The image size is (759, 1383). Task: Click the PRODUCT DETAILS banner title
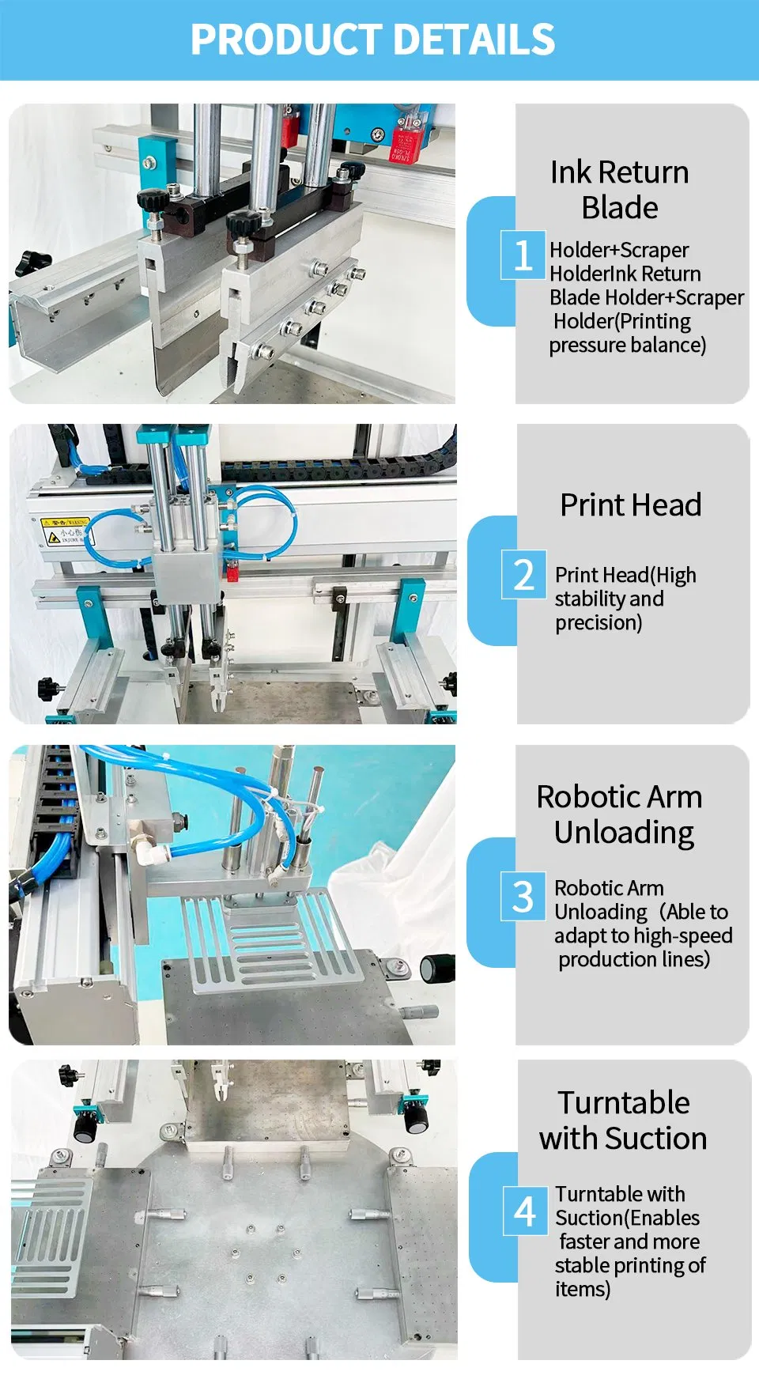(372, 40)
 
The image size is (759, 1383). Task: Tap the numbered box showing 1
(523, 255)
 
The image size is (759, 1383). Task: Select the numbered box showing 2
(523, 574)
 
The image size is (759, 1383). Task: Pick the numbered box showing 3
(523, 896)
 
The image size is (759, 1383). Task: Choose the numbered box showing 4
(525, 1211)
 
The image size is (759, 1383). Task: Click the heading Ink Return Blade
(620, 190)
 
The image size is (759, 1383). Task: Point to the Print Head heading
(631, 504)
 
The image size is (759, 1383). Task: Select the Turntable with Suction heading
(623, 1120)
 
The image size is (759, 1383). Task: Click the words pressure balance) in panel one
(628, 345)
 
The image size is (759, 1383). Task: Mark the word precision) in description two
(599, 622)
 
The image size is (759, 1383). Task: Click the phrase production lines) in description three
(634, 959)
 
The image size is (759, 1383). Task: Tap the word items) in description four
(583, 1289)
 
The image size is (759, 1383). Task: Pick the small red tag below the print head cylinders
(232, 570)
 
